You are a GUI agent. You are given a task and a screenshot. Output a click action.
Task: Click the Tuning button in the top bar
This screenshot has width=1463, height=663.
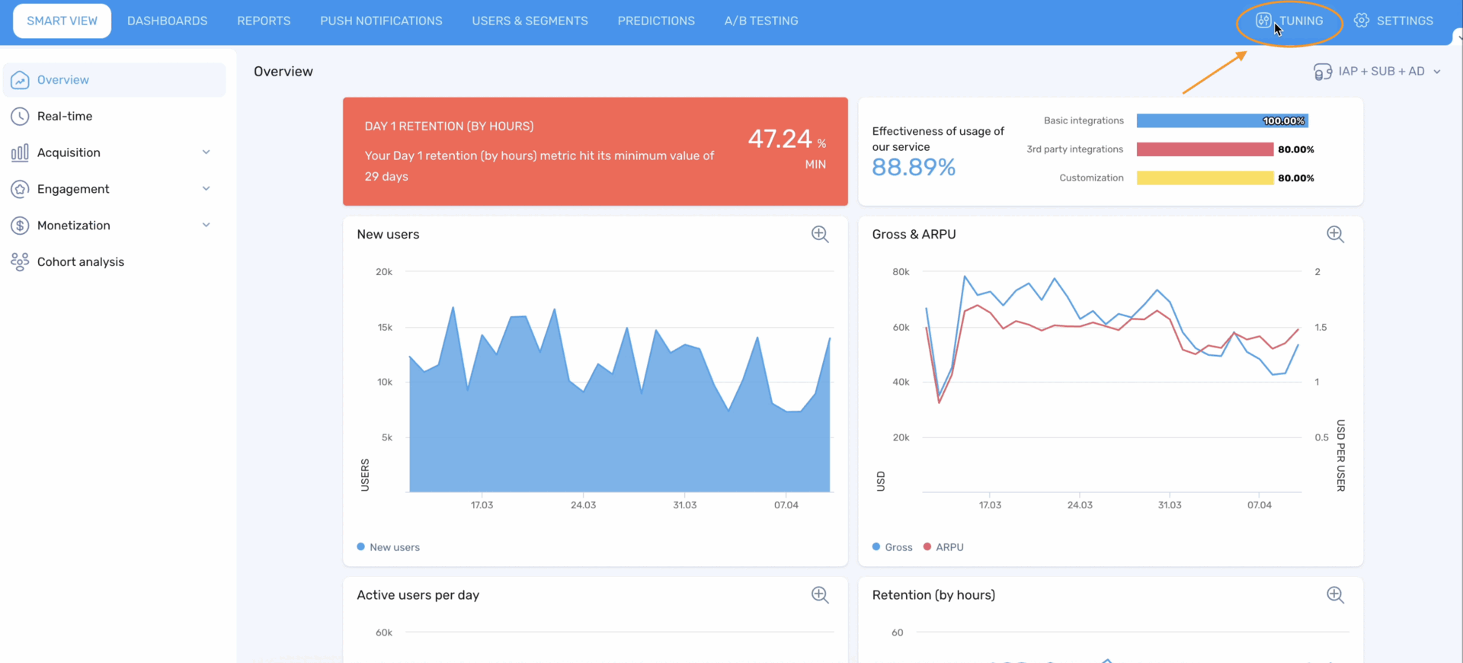pyautogui.click(x=1291, y=21)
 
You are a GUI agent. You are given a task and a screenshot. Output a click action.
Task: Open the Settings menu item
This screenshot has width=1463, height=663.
pyautogui.click(x=1394, y=21)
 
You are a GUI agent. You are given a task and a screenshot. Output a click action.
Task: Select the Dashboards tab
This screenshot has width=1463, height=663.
pyautogui.click(x=167, y=21)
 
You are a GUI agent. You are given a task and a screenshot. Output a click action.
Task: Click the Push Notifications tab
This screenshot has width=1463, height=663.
pyautogui.click(x=381, y=21)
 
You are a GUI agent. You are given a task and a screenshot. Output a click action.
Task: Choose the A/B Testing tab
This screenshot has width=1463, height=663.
pyautogui.click(x=760, y=21)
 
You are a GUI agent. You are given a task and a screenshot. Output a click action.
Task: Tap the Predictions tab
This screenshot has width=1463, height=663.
pyautogui.click(x=656, y=21)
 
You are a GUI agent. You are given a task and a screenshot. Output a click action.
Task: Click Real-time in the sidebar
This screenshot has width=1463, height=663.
pyautogui.click(x=65, y=117)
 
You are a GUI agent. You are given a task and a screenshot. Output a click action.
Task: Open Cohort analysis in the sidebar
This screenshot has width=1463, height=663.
pyautogui.click(x=80, y=262)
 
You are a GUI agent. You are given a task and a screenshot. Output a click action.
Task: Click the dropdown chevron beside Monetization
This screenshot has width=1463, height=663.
pyautogui.click(x=206, y=226)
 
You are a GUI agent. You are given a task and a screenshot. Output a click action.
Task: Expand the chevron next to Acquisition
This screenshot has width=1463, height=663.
pyautogui.click(x=206, y=152)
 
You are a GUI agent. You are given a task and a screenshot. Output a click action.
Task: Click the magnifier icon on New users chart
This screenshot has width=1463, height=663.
pyautogui.click(x=820, y=235)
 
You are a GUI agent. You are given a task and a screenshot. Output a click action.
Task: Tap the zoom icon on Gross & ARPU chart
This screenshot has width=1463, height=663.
pyautogui.click(x=1335, y=235)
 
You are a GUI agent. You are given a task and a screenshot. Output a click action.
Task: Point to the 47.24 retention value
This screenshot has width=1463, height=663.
pyautogui.click(x=780, y=139)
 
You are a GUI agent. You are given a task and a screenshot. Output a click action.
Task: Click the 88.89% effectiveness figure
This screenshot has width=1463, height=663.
pyautogui.click(x=913, y=168)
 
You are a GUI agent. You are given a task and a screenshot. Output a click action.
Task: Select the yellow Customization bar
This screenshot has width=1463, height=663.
pyautogui.click(x=1204, y=178)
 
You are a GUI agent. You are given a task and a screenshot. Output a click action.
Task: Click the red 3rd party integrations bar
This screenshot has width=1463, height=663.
pyautogui.click(x=1204, y=149)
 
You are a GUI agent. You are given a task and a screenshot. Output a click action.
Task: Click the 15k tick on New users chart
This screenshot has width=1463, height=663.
pyautogui.click(x=385, y=328)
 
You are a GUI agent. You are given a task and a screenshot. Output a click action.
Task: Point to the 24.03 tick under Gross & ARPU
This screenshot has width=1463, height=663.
pyautogui.click(x=1079, y=505)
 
